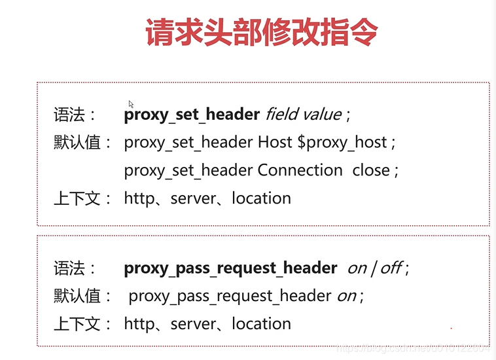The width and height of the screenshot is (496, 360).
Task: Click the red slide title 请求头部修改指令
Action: coord(262,33)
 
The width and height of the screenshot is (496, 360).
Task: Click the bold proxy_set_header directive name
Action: coord(192,115)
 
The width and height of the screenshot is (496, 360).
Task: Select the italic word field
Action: coord(280,115)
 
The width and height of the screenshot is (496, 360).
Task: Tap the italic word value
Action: coord(321,115)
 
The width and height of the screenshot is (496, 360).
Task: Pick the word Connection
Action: coord(300,170)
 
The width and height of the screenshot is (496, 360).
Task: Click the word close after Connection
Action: coord(371,170)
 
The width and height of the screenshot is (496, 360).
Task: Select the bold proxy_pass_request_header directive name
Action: coord(230,268)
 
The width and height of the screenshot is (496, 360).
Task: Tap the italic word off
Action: coord(391,268)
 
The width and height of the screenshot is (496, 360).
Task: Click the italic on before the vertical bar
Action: coord(357,268)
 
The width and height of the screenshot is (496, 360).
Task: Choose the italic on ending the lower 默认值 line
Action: coord(346,295)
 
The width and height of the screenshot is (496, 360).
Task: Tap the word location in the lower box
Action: coord(261,323)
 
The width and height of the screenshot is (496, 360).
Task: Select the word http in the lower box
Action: coord(138,323)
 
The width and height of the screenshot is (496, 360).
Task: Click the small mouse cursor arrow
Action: coord(131,103)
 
